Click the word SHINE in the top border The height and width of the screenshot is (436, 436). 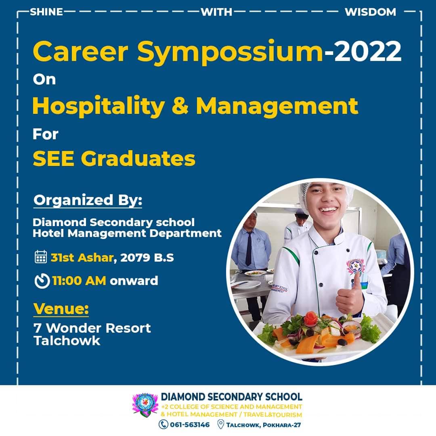click(46, 12)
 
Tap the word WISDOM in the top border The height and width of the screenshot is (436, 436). click(370, 12)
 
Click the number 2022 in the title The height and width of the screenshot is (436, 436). click(368, 51)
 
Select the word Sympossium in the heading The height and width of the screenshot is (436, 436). click(230, 53)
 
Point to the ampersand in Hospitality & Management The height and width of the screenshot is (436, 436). click(180, 106)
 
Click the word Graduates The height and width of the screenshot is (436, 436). click(138, 159)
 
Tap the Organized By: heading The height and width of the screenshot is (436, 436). click(88, 200)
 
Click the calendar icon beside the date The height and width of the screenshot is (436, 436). click(41, 257)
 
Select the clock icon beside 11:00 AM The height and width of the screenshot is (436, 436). click(42, 281)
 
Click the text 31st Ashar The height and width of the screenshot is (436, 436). click(82, 258)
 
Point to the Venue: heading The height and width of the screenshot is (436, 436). click(61, 309)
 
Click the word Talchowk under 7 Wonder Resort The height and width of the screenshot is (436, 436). click(67, 341)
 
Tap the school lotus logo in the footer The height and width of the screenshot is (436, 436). click(145, 405)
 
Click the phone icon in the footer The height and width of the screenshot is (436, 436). click(163, 425)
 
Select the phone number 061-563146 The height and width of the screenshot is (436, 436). click(190, 425)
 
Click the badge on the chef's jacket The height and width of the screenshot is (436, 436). click(356, 267)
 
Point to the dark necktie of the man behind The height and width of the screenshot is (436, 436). click(248, 249)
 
